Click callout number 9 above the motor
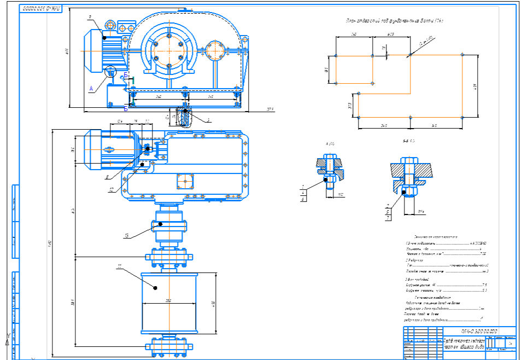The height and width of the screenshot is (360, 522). point(90,17)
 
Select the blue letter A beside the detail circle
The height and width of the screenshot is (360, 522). point(91,87)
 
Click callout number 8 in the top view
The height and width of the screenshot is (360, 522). point(107,176)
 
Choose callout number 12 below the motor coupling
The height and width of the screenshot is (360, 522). point(112,190)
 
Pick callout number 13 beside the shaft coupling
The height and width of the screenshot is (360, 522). point(126,236)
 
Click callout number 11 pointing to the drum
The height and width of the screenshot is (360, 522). point(120,267)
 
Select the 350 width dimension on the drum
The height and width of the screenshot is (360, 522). point(168,300)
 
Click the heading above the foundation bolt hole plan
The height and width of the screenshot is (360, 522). point(394,21)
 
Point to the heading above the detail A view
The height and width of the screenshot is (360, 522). point(331,143)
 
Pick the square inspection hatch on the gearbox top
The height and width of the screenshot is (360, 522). point(185,181)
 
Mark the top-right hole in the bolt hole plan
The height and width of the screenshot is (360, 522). point(462,54)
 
